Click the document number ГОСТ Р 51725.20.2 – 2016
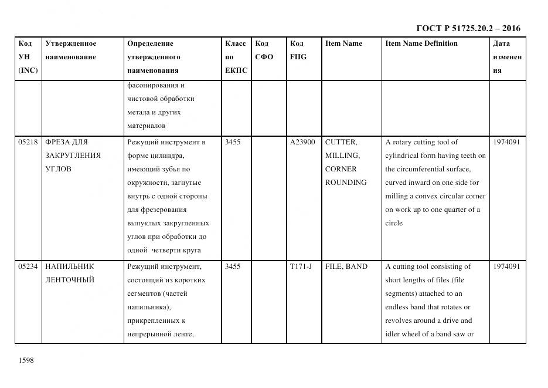(468, 28)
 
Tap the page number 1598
(27, 360)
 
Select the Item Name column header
(343, 43)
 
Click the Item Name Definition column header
(421, 43)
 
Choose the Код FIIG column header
(298, 50)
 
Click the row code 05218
(28, 142)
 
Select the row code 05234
(28, 266)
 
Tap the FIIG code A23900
(302, 142)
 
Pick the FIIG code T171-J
(301, 266)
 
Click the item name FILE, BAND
(346, 266)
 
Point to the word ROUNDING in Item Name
(346, 183)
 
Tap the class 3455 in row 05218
(233, 142)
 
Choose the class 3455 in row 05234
(233, 266)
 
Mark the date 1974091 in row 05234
(506, 266)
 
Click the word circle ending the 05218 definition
(394, 223)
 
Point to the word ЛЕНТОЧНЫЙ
(70, 280)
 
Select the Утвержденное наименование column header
(71, 50)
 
